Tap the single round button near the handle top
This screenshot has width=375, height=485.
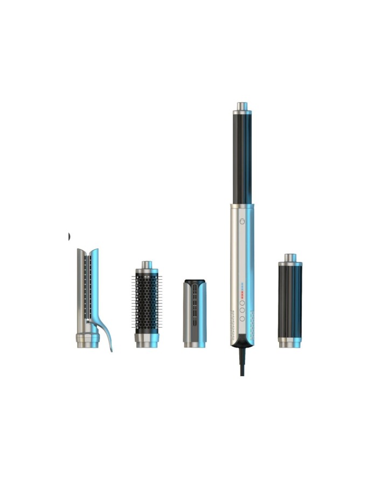pyautogui.click(x=242, y=221)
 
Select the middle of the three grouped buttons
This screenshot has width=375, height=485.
pyautogui.click(x=242, y=310)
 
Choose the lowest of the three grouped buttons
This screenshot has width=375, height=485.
pyautogui.click(x=242, y=318)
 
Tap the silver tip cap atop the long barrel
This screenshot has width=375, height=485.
pyautogui.click(x=242, y=106)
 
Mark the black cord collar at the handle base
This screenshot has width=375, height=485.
pyautogui.click(x=242, y=341)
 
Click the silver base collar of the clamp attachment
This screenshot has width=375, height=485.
pyautogui.click(x=87, y=341)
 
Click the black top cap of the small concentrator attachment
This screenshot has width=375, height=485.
pyautogui.click(x=195, y=281)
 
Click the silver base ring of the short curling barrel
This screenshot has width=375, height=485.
pyautogui.click(x=290, y=342)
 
